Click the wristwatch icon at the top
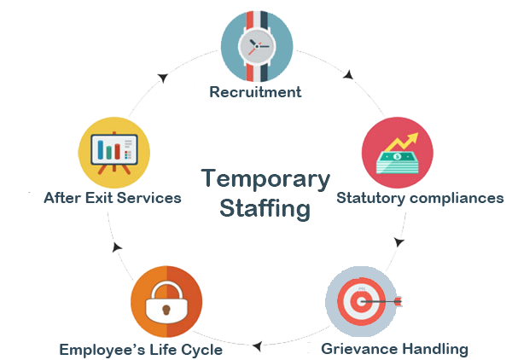click(256, 44)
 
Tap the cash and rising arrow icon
click(397, 153)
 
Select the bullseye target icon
click(364, 302)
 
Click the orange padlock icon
click(167, 302)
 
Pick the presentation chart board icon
click(114, 154)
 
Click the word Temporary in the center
click(265, 179)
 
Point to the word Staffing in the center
click(265, 208)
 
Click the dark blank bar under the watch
click(256, 90)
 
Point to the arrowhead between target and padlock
click(255, 345)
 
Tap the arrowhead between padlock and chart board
click(116, 248)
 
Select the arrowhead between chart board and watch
click(162, 78)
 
